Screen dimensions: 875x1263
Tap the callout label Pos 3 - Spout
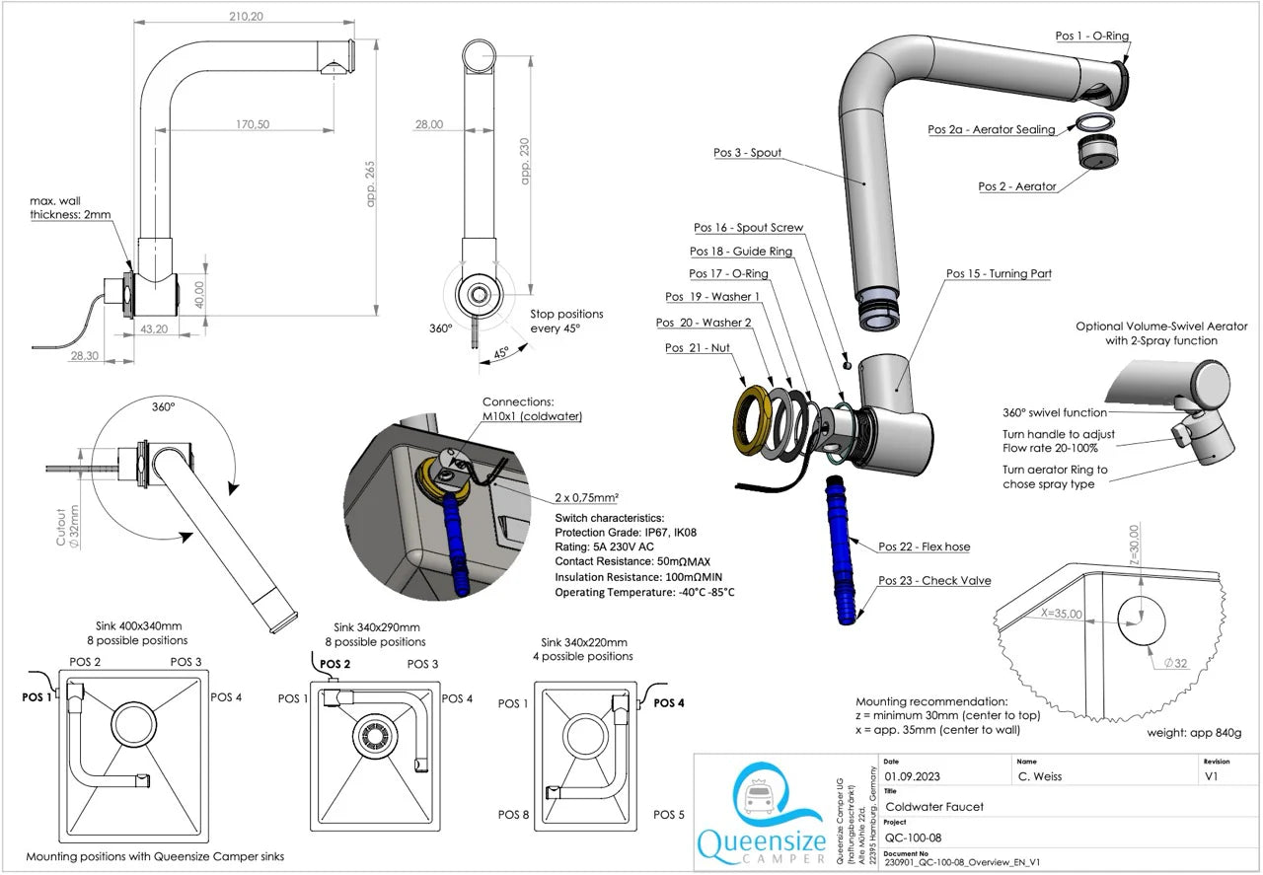pos(747,153)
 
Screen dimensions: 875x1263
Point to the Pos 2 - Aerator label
pos(1016,186)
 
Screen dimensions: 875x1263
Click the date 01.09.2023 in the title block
pos(912,777)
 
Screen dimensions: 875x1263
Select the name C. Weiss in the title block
pos(1040,777)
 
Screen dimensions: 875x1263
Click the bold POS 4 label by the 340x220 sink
pos(669,702)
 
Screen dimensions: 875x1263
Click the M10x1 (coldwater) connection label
pos(532,416)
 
